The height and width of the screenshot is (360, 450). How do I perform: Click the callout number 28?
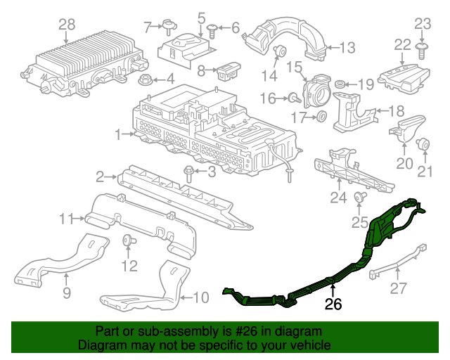coord(66,25)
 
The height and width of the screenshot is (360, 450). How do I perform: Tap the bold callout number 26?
coord(333,304)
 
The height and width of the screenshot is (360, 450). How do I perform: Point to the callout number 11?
coord(66,219)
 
